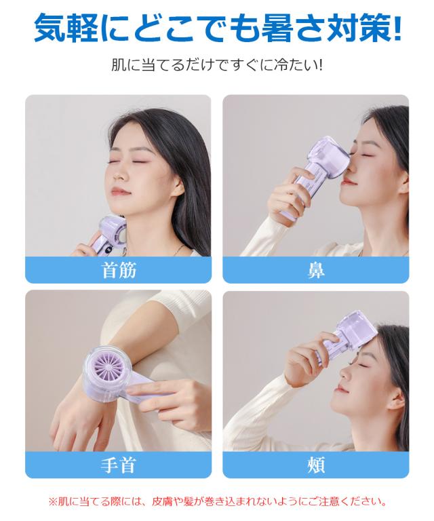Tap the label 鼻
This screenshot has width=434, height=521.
coord(316,270)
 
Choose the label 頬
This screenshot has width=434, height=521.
coord(316,465)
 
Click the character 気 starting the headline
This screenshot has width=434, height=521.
coord(52,28)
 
